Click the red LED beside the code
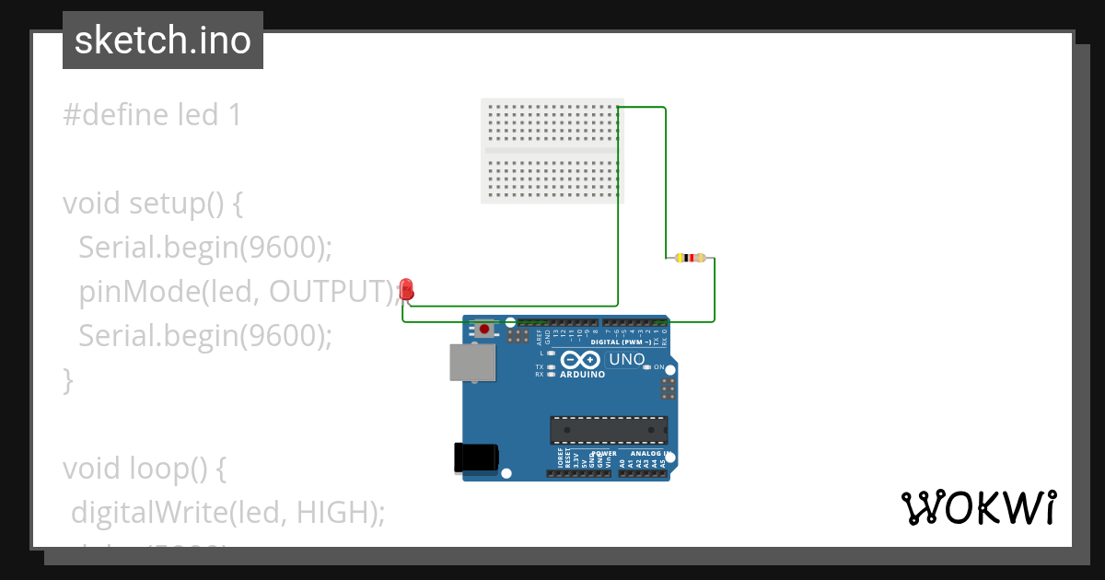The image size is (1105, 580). [x=407, y=290]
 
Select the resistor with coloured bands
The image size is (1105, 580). [x=690, y=258]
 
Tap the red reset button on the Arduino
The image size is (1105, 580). [x=484, y=328]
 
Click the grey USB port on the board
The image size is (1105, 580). [x=471, y=362]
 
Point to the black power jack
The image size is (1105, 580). [x=477, y=458]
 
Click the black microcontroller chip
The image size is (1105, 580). [x=609, y=430]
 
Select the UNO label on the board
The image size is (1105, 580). [x=627, y=359]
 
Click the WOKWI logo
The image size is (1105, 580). [x=978, y=507]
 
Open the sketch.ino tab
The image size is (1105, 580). [x=163, y=41]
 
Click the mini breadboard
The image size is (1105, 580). [x=552, y=150]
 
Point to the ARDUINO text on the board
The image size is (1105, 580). [x=582, y=375]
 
